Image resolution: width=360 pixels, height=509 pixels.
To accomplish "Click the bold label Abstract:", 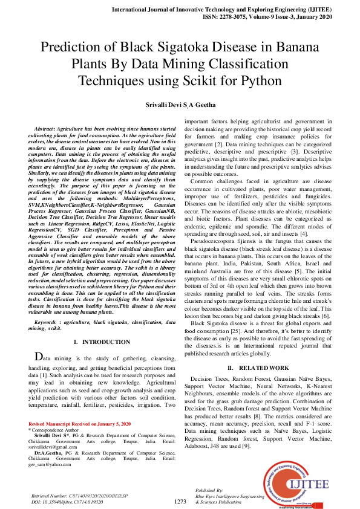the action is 48,130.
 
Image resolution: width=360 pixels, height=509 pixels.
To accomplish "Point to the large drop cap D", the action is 39,357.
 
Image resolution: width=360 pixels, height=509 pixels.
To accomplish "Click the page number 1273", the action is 180,501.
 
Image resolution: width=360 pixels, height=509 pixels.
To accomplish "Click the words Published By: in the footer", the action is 209,490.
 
